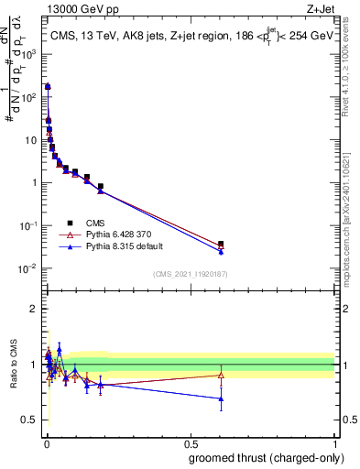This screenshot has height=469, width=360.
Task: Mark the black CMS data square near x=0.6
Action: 221,245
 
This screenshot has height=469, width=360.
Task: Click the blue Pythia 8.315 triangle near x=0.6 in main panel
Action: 221,251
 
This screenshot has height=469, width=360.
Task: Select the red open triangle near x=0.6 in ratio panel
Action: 221,375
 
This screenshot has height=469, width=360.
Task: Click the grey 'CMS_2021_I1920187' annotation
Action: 191,274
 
